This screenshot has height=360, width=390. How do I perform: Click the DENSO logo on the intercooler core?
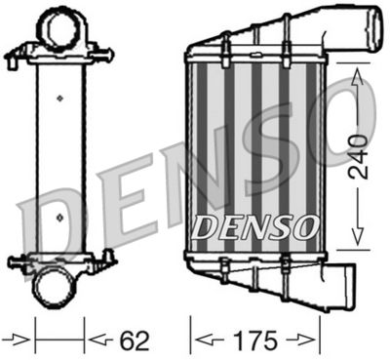[x=255, y=226]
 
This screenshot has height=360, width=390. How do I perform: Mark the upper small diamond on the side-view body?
[x=59, y=98]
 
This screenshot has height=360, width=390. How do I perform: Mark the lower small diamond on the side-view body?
[x=59, y=218]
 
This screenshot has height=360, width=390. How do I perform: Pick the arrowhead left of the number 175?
[x=200, y=340]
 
